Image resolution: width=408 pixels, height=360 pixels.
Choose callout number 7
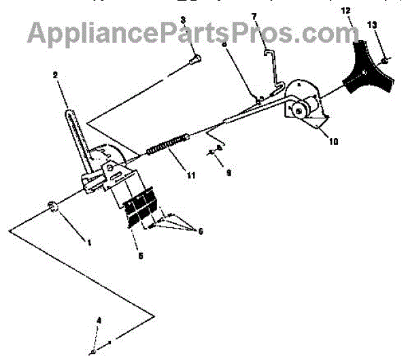[255, 16]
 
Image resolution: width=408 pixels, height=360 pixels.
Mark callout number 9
[228, 174]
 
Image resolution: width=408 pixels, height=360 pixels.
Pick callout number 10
[331, 142]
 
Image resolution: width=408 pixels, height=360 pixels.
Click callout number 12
[347, 11]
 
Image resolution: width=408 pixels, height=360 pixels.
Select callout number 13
[371, 25]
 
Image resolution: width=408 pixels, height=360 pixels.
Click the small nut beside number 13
[385, 62]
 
